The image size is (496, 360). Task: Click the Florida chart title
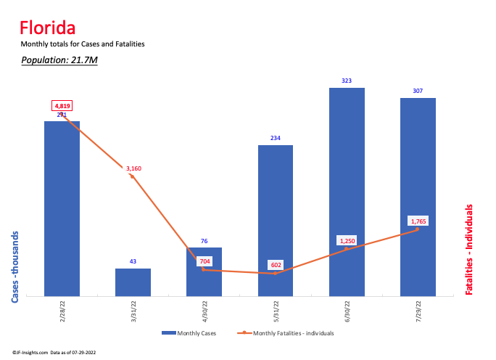(47, 28)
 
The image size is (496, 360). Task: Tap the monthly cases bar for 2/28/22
(62, 210)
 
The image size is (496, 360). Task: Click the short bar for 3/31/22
(133, 282)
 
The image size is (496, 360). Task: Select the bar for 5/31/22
(275, 218)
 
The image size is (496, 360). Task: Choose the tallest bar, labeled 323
(347, 192)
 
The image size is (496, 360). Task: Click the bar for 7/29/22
(418, 196)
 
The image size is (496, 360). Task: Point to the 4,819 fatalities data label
(62, 106)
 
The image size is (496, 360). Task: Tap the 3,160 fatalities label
(133, 168)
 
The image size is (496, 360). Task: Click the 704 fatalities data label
(204, 261)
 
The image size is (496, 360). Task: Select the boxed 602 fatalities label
(276, 265)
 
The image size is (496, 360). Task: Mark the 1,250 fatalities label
(347, 240)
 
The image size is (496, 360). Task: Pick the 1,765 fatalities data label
(418, 221)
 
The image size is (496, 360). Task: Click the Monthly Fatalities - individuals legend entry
(286, 333)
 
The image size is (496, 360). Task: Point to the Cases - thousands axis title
(15, 266)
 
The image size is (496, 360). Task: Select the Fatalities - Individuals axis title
(469, 249)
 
